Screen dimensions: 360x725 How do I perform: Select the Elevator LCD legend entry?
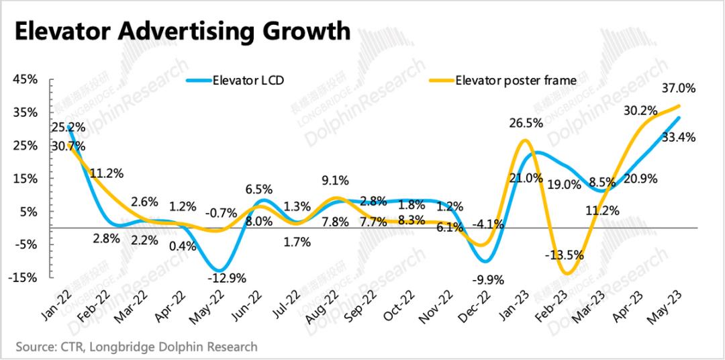tap(248, 81)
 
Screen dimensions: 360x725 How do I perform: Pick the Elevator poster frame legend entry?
tap(516, 81)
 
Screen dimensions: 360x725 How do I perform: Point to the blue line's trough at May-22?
tap(216, 271)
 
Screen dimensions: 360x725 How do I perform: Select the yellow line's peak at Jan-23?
tap(524, 140)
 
